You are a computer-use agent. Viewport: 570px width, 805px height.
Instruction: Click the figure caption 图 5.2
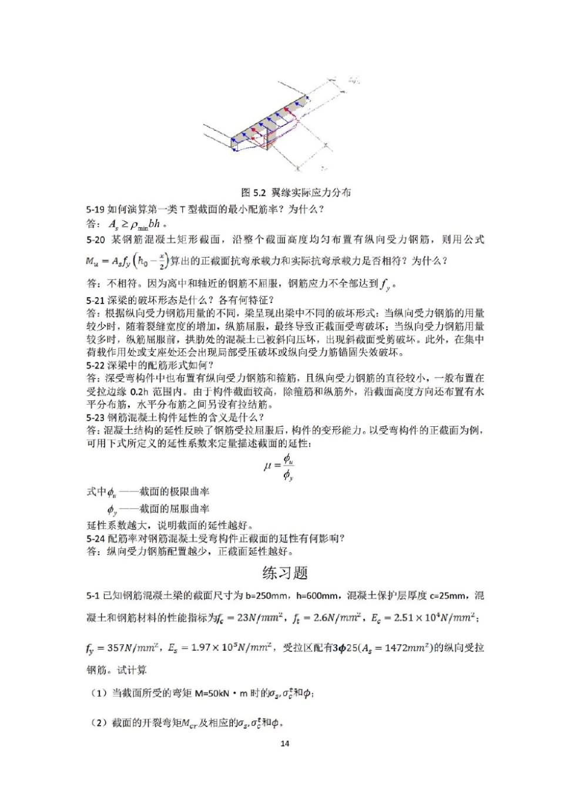click(296, 193)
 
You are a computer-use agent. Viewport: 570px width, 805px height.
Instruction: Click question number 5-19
click(96, 209)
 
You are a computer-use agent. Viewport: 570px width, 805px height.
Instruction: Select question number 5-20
click(96, 240)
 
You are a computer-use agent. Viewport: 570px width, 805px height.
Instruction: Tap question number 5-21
click(96, 300)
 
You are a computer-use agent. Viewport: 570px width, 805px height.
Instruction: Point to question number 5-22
click(96, 365)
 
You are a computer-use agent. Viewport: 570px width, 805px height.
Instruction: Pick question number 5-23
click(96, 417)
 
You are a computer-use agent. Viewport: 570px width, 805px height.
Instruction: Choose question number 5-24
click(96, 538)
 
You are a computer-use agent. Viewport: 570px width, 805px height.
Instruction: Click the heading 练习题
click(285, 572)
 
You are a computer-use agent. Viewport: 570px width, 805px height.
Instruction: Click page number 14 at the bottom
click(285, 743)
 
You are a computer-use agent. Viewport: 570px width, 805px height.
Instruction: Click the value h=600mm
click(317, 596)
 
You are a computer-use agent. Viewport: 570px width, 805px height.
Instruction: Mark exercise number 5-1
click(93, 596)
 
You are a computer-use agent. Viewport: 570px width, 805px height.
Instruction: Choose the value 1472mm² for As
click(407, 648)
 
